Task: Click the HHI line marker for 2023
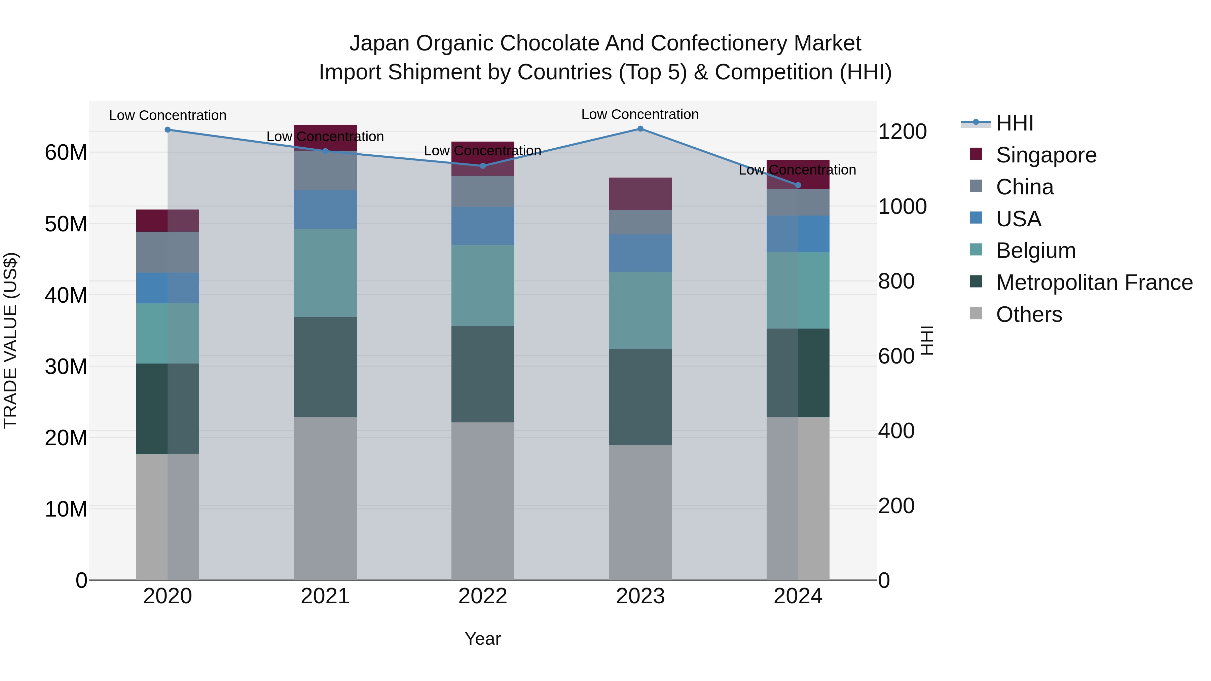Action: coord(640,129)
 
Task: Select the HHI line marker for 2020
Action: coord(168,130)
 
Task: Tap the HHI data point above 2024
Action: coord(798,185)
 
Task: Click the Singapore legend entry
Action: coord(1046,155)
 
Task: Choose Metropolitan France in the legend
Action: coord(1094,282)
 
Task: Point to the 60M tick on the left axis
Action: coord(66,153)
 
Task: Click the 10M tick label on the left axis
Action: coord(66,509)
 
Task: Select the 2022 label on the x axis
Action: coord(483,596)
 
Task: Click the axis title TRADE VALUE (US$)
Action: coord(11,340)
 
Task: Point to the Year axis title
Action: coord(483,639)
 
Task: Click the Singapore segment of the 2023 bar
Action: coord(640,194)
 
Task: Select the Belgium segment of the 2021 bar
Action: coord(325,273)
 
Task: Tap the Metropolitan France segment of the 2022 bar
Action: coord(483,374)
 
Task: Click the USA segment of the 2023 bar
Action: coord(640,253)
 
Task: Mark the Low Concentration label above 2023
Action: coord(640,114)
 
